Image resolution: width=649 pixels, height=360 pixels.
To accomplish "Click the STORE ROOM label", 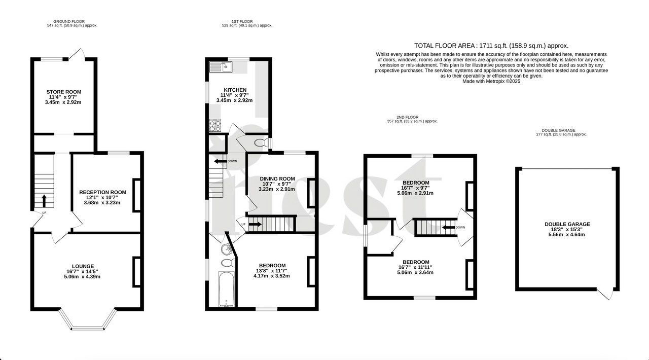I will pyautogui.click(x=64, y=92).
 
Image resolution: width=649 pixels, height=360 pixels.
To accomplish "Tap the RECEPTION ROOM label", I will pyautogui.click(x=102, y=192).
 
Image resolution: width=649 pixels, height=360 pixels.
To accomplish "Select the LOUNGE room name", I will pyautogui.click(x=83, y=266).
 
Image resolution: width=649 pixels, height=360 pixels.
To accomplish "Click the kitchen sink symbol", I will pyautogui.click(x=220, y=66).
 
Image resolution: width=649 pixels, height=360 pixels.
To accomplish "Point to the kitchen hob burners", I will pyautogui.click(x=215, y=125).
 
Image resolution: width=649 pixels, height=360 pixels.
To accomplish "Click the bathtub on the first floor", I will pyautogui.click(x=226, y=290).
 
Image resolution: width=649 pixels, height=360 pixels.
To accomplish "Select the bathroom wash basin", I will pyautogui.click(x=226, y=248).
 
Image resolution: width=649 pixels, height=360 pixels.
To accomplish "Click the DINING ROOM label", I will pyautogui.click(x=277, y=178).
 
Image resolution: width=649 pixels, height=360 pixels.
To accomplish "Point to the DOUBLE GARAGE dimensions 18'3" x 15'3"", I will pyautogui.click(x=567, y=229).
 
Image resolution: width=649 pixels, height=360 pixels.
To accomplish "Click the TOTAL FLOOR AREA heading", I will pyautogui.click(x=491, y=45).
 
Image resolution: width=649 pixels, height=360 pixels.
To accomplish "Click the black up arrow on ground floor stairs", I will pyautogui.click(x=44, y=201).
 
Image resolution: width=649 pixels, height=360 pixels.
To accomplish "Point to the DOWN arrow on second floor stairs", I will pyautogui.click(x=448, y=227).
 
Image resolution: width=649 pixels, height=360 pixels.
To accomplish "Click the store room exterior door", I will pyautogui.click(x=77, y=54).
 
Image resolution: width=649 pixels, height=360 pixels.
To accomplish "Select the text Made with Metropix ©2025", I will pyautogui.click(x=491, y=81).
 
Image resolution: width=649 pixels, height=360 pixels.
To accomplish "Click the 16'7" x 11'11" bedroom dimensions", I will pyautogui.click(x=416, y=267).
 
